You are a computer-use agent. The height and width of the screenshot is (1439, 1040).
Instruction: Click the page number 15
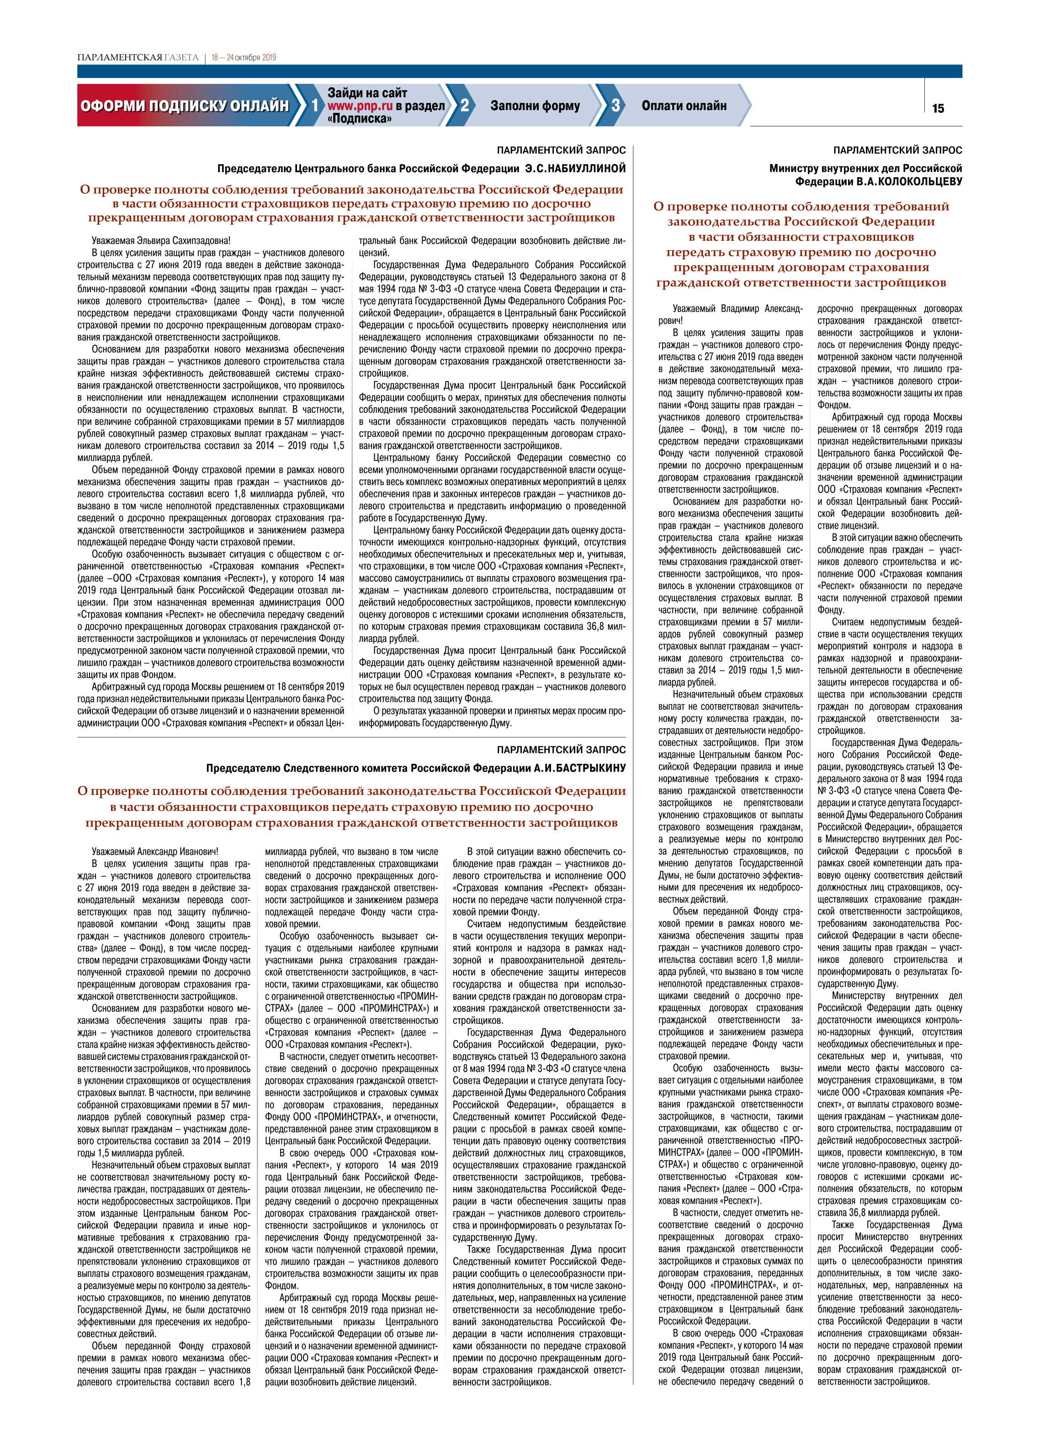[x=937, y=109]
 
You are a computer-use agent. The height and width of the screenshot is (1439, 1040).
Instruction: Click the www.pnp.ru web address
[x=360, y=106]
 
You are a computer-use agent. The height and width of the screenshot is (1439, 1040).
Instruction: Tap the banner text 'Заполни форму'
[x=535, y=106]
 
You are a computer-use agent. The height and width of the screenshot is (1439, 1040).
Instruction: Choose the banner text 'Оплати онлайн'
[x=684, y=106]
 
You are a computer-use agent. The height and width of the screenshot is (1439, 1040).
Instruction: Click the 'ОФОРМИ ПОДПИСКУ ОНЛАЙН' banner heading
[x=184, y=106]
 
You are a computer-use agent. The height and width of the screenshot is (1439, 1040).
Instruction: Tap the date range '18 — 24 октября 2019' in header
[x=244, y=58]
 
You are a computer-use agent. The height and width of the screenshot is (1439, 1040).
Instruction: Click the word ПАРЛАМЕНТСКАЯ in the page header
[x=119, y=58]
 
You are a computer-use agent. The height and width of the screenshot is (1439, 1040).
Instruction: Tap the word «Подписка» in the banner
[x=359, y=119]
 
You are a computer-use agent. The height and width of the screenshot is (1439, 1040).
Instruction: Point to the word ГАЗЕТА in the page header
[x=181, y=58]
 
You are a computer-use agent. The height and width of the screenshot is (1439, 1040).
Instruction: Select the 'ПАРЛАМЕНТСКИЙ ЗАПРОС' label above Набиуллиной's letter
[x=561, y=150]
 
